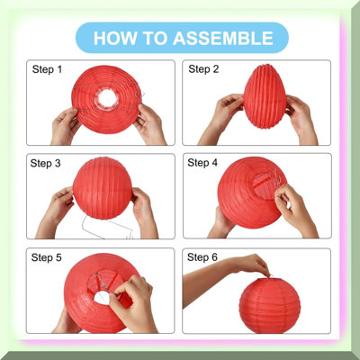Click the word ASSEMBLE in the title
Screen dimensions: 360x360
click(223, 38)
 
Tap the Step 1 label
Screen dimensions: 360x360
click(47, 69)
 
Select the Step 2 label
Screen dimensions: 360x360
click(203, 69)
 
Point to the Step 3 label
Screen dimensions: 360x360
click(45, 164)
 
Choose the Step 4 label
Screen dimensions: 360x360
click(202, 163)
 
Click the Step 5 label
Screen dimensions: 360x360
click(47, 257)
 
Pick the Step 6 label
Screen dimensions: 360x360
click(202, 257)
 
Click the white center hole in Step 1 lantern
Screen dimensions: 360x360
click(107, 98)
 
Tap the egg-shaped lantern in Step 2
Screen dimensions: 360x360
click(265, 96)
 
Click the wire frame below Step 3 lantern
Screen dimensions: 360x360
click(107, 228)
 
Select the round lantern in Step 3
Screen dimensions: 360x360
click(103, 188)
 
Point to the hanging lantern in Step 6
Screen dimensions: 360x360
click(269, 305)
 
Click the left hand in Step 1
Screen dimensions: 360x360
click(66, 126)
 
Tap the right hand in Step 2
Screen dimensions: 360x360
click(300, 120)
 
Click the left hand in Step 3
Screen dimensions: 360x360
click(56, 210)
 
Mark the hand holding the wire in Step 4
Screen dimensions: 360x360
click(295, 210)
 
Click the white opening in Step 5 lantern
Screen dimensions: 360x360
click(101, 298)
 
